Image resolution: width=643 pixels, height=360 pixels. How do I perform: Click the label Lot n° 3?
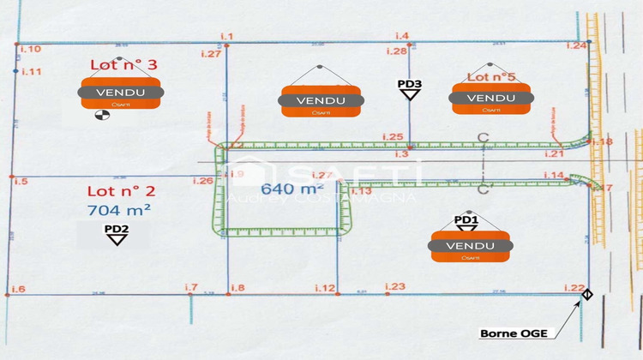pyautogui.click(x=124, y=64)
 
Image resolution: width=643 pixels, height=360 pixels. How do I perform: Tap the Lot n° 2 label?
pyautogui.click(x=120, y=191)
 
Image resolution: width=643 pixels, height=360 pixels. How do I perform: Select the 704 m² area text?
pyautogui.click(x=119, y=208)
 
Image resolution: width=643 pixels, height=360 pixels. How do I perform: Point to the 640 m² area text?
pyautogui.click(x=292, y=189)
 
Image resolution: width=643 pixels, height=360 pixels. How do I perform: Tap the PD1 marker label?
pyautogui.click(x=466, y=220)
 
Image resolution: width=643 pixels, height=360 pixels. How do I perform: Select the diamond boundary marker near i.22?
pyautogui.click(x=587, y=296)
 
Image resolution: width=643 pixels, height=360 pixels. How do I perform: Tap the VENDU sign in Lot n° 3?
pyautogui.click(x=120, y=93)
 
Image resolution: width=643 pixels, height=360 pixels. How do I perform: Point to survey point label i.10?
pyautogui.click(x=29, y=50)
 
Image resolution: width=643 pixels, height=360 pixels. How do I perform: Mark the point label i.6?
pyautogui.click(x=18, y=289)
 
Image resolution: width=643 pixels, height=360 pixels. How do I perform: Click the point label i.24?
pyautogui.click(x=576, y=45)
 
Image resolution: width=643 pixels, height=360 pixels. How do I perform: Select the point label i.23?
pyautogui.click(x=395, y=286)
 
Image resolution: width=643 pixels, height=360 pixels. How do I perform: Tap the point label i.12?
pyautogui.click(x=324, y=288)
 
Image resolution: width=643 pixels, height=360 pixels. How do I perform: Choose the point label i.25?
pyautogui.click(x=392, y=137)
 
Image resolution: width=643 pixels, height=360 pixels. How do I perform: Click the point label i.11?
pyautogui.click(x=31, y=72)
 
